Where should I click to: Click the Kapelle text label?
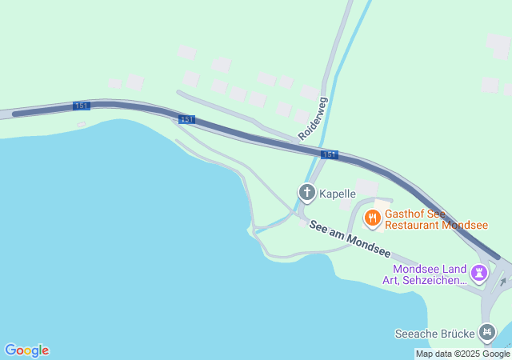[x=338, y=194]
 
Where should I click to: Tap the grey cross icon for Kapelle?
[x=307, y=193]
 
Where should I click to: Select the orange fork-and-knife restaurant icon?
[x=372, y=218]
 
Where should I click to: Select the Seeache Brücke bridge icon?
[x=486, y=332]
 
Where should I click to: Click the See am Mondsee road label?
[x=350, y=241]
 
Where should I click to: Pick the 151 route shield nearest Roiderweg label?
[x=329, y=154]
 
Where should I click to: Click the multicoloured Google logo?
[x=27, y=350]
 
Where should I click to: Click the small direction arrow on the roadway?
[x=502, y=282]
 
